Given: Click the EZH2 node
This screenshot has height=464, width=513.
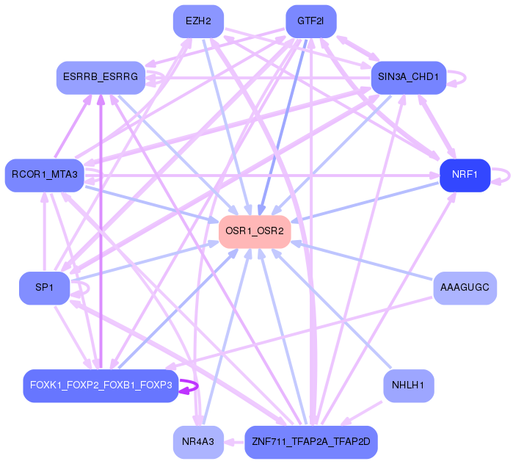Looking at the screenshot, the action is pos(198,21).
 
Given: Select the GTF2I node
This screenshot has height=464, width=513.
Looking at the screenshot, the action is pos(311,21).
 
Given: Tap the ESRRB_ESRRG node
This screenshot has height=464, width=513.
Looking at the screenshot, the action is pos(101,78).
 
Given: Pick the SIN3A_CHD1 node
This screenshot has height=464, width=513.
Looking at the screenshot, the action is pos(409,78).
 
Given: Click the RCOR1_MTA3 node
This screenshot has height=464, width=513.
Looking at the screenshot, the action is pos(45,175).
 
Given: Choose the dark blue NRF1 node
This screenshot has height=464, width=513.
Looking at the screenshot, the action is pos(465,175).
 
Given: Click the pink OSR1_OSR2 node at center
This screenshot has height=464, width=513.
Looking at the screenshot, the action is pos(255,232).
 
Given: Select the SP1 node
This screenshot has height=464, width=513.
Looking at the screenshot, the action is pos(45,288).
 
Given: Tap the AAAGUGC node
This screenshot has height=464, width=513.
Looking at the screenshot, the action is pos(465,288).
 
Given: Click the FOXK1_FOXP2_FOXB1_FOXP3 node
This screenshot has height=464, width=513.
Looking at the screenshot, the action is pos(101,385).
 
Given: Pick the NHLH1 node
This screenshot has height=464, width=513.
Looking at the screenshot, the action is pos(409,385).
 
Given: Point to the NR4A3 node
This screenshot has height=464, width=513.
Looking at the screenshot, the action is pos(198,442).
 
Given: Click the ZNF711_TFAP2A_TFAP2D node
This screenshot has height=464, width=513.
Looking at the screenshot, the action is pos(311,442).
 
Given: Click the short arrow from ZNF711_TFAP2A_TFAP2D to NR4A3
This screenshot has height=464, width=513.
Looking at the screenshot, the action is pos(234,443).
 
